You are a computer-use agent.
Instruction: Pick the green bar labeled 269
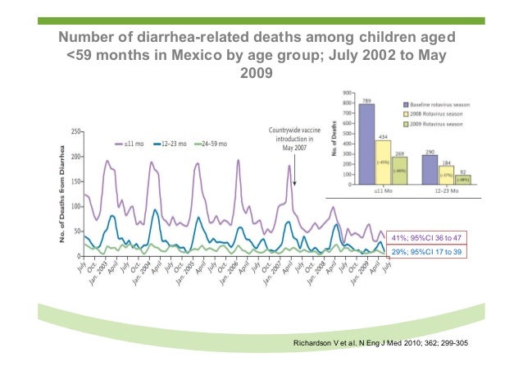pos(399,171)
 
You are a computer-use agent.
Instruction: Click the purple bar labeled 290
pos(430,170)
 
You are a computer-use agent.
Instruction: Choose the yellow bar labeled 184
pos(446,176)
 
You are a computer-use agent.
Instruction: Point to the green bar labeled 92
pos(462,179)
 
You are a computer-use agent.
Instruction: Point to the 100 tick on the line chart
pos(75,207)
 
